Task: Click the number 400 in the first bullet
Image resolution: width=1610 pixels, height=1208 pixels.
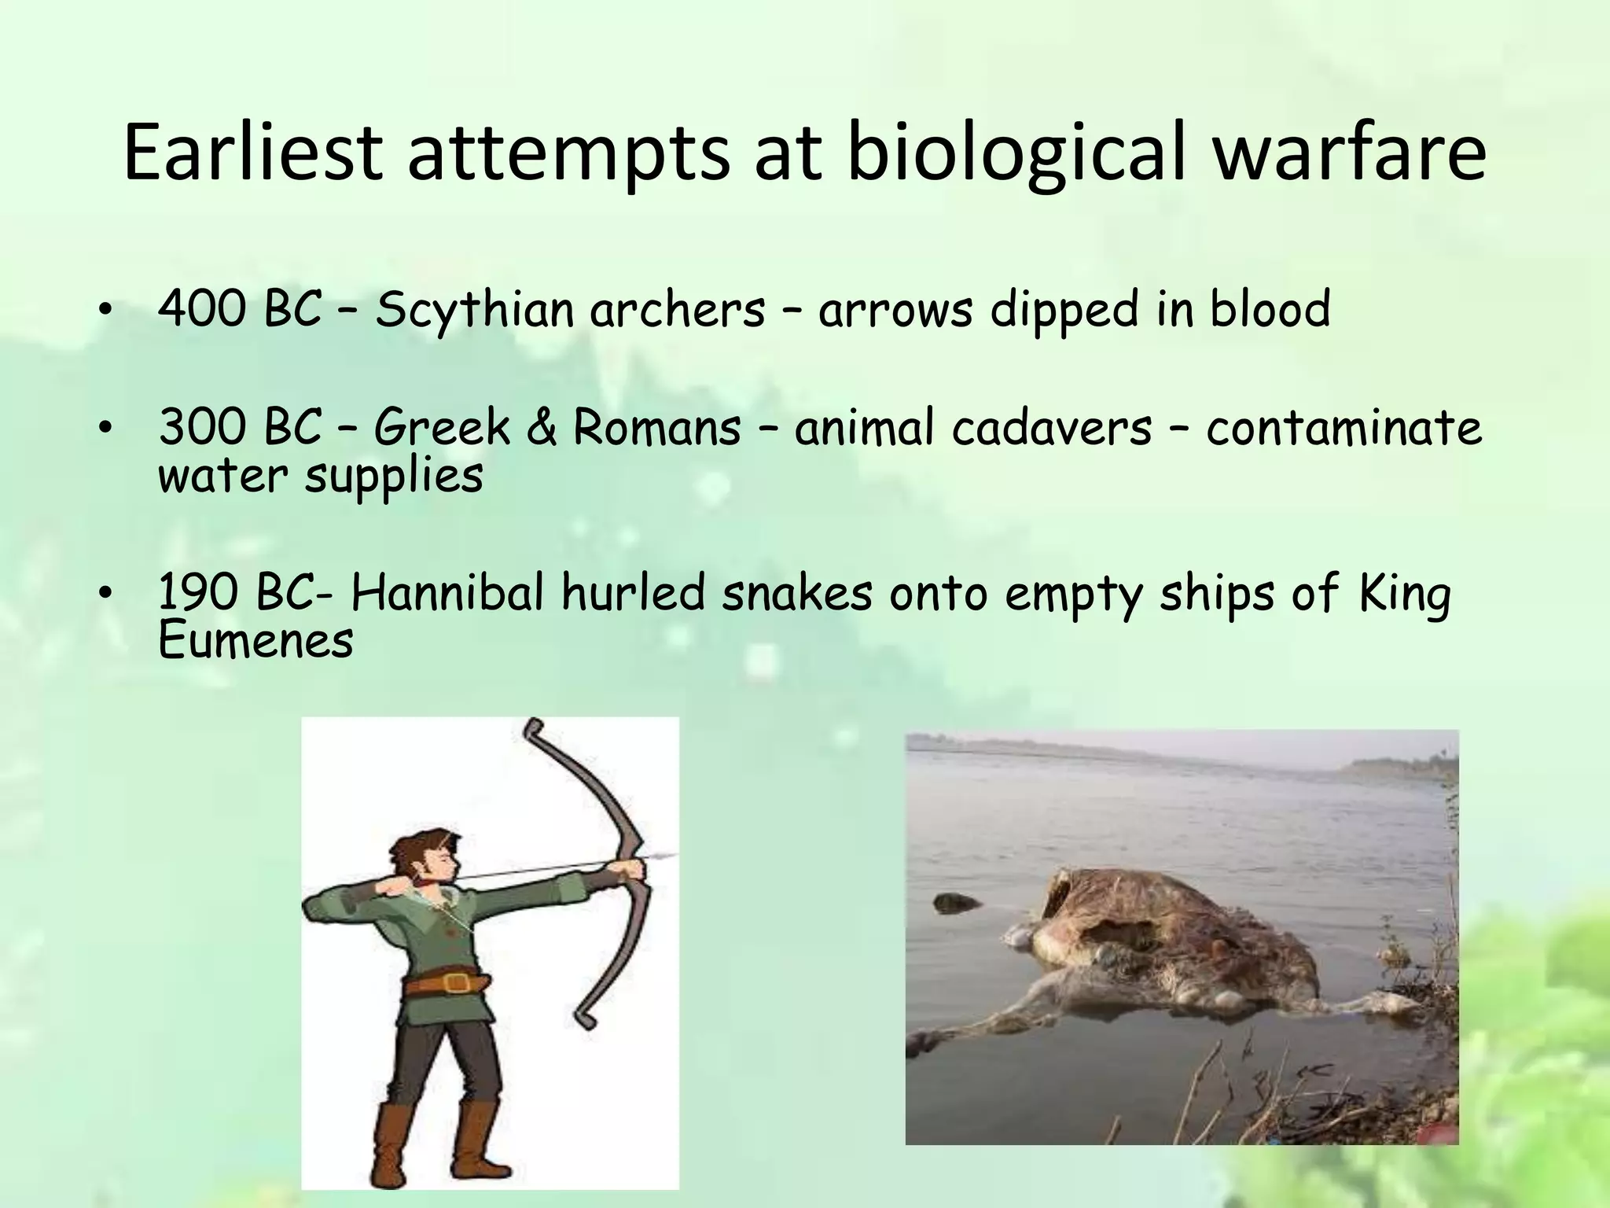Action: tap(200, 308)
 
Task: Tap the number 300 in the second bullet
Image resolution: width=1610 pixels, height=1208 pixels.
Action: tap(200, 428)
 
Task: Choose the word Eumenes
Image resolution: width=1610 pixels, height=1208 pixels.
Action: tap(255, 641)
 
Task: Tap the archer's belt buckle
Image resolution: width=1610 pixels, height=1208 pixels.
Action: tap(454, 982)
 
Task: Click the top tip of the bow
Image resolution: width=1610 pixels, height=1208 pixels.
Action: tap(534, 724)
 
